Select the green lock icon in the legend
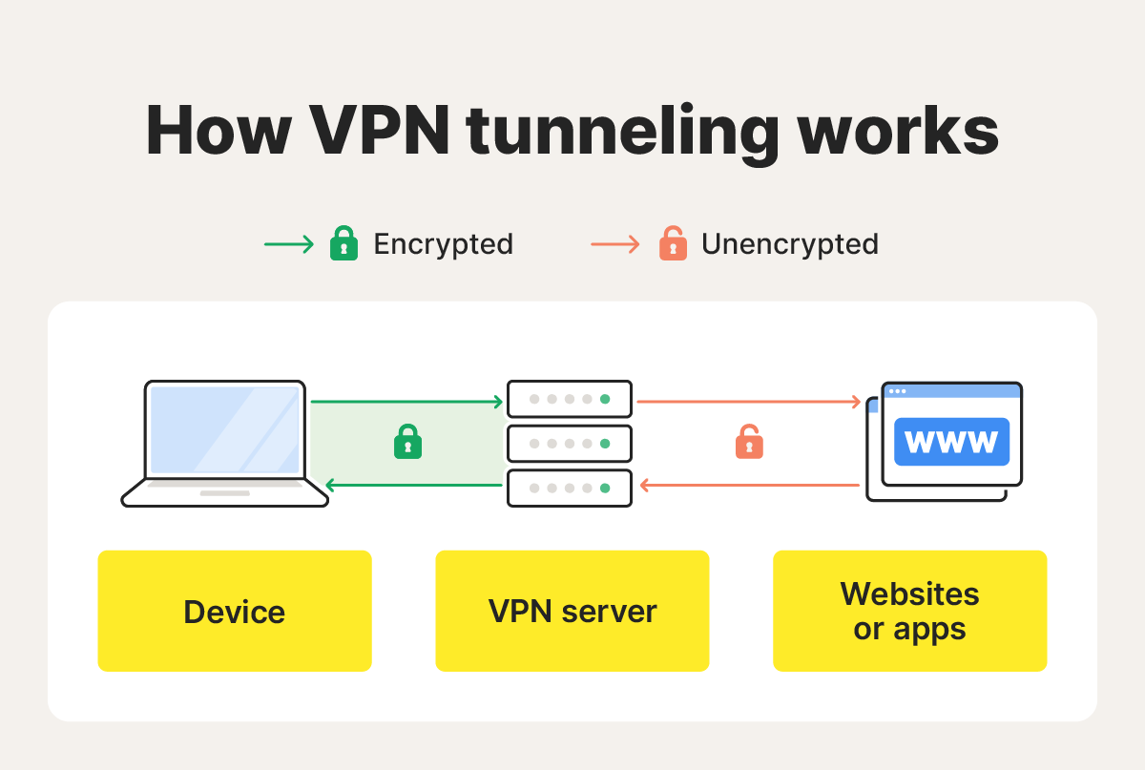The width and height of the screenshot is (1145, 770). click(343, 245)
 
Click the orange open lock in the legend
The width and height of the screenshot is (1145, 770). click(673, 245)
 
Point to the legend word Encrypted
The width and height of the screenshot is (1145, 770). click(443, 245)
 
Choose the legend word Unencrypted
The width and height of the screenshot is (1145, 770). click(789, 245)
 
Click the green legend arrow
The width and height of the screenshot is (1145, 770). click(288, 245)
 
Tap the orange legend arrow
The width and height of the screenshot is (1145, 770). click(615, 245)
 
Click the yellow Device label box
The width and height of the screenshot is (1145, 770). click(235, 611)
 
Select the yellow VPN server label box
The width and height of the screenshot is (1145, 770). click(572, 611)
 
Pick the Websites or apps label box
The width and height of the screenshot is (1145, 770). click(909, 611)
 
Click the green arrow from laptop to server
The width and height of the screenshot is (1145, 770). click(406, 402)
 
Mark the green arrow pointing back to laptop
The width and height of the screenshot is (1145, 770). click(414, 486)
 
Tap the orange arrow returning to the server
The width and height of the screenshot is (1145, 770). click(749, 486)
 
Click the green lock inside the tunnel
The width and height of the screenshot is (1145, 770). click(407, 443)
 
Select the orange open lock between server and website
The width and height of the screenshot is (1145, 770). click(749, 443)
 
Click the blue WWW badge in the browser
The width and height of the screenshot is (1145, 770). click(951, 442)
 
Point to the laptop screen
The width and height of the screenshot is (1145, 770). click(225, 430)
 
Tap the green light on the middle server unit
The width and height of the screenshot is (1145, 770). click(605, 444)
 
